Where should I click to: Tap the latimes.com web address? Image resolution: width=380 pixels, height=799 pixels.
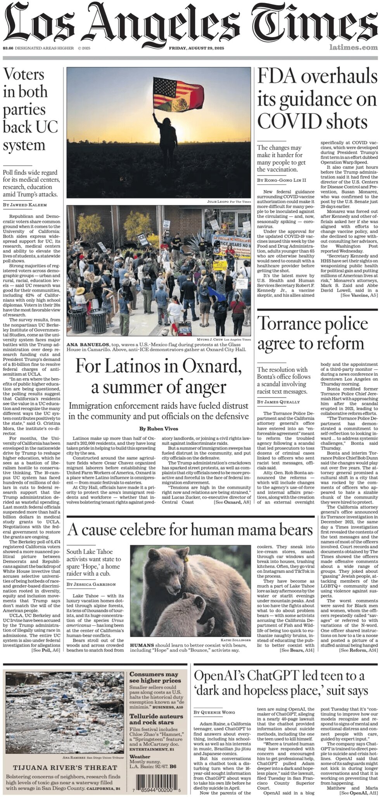353,48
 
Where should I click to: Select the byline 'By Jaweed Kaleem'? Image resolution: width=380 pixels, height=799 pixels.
25,205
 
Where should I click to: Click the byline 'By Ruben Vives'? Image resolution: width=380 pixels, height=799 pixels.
159,429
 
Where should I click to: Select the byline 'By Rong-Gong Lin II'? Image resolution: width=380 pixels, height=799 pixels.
282,180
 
